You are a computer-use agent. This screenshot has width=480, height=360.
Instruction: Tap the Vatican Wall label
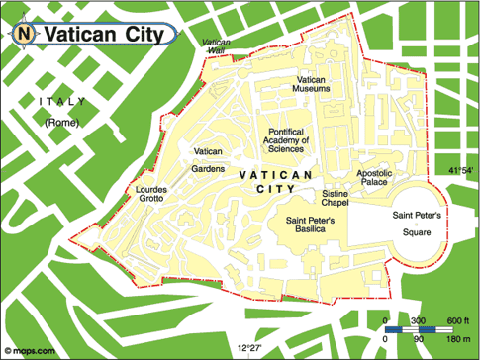[x=215, y=46]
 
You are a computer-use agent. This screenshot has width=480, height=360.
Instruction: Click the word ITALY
[x=60, y=102]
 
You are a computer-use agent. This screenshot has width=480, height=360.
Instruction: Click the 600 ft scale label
[x=456, y=321]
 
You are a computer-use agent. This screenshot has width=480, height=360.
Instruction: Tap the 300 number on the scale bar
[x=419, y=321]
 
